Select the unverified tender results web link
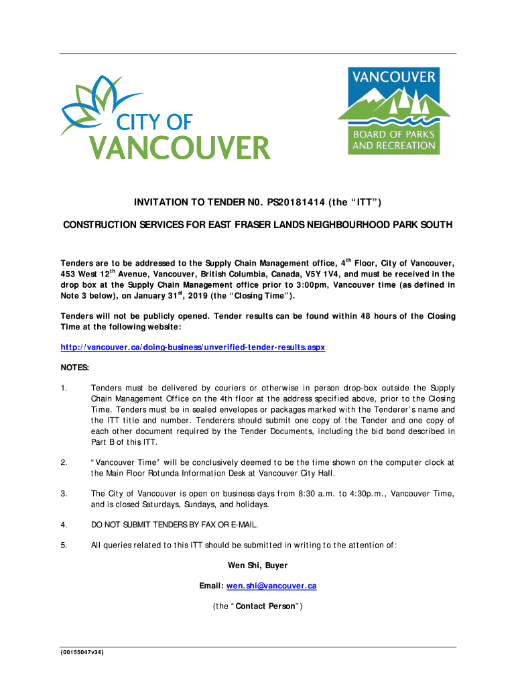pos(193,348)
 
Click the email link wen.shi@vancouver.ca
pos(271,586)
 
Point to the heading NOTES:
pos(75,368)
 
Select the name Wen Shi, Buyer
pos(258,566)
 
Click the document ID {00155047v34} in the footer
pos(82,653)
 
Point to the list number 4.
pos(64,524)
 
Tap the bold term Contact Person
pos(271,606)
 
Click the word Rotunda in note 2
pos(166,473)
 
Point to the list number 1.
pos(64,388)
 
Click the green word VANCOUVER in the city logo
pos(180,148)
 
